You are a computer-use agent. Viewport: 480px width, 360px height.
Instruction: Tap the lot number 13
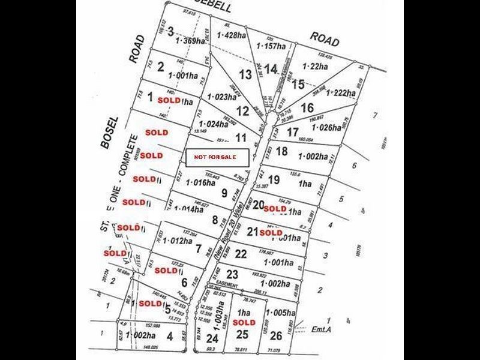(x=245, y=74)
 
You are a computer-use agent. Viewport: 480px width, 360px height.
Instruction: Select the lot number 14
(x=271, y=68)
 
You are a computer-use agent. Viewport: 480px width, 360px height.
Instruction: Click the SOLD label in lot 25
(x=244, y=322)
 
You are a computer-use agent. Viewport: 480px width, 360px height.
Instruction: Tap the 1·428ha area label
(x=232, y=36)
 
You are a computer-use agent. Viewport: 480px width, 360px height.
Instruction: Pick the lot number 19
(x=274, y=179)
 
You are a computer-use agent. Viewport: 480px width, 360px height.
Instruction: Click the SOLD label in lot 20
(x=275, y=209)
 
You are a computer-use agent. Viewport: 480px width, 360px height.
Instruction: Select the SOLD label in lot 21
(x=271, y=232)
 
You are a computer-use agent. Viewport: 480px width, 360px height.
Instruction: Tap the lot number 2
(x=160, y=67)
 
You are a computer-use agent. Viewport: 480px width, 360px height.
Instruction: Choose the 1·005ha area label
(x=282, y=313)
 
